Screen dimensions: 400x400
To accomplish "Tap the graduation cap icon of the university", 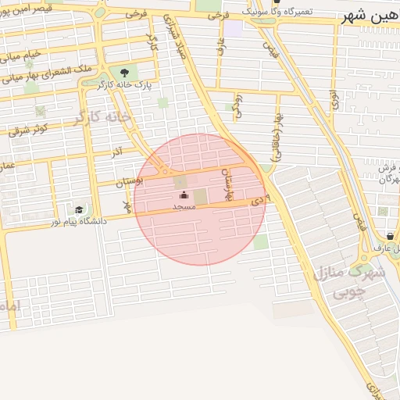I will click(x=79, y=210).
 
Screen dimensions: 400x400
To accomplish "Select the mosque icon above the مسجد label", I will click(x=184, y=195).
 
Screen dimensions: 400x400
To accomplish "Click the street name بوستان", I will click(x=130, y=181).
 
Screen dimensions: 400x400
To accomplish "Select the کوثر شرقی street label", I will click(x=30, y=128).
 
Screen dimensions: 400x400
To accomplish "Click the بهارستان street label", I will click(x=228, y=184).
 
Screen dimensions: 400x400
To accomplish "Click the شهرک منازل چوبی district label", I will click(x=349, y=283).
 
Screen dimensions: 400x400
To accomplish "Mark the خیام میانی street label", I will click(x=23, y=56).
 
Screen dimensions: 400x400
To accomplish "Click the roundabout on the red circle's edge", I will click(x=163, y=170).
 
